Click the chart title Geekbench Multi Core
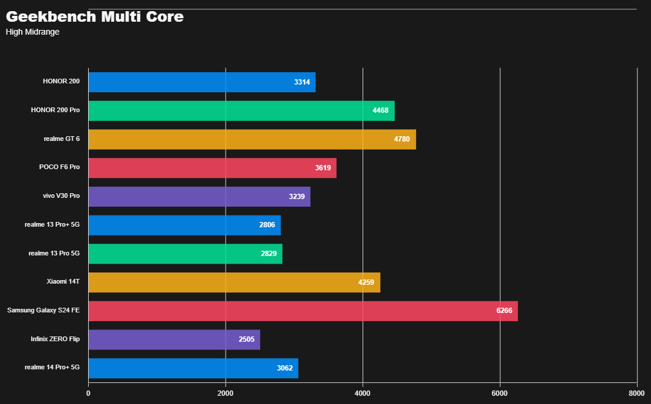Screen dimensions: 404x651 tap(95, 17)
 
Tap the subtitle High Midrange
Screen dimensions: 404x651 tap(32, 32)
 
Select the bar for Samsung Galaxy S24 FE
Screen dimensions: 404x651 tap(303, 311)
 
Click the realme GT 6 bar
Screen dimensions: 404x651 tap(252, 139)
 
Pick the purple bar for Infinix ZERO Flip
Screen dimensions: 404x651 tap(174, 339)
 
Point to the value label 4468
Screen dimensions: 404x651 tap(380, 110)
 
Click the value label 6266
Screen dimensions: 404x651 tap(504, 311)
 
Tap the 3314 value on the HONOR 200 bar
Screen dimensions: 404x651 tap(302, 82)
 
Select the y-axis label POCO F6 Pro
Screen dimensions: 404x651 tap(59, 167)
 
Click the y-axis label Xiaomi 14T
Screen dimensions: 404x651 tap(63, 282)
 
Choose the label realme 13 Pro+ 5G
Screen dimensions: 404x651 tap(52, 224)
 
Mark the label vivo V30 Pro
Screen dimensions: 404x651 tap(61, 196)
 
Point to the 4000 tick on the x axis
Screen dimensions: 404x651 tap(363, 393)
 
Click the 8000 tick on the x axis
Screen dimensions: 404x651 tap(637, 393)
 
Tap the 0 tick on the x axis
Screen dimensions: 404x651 tap(88, 393)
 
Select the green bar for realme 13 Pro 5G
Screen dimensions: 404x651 tap(185, 254)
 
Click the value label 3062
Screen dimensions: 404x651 tap(284, 368)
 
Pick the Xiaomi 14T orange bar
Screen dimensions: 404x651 tap(234, 282)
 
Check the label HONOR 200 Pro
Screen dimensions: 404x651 tap(55, 110)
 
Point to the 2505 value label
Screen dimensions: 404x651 tap(246, 339)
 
